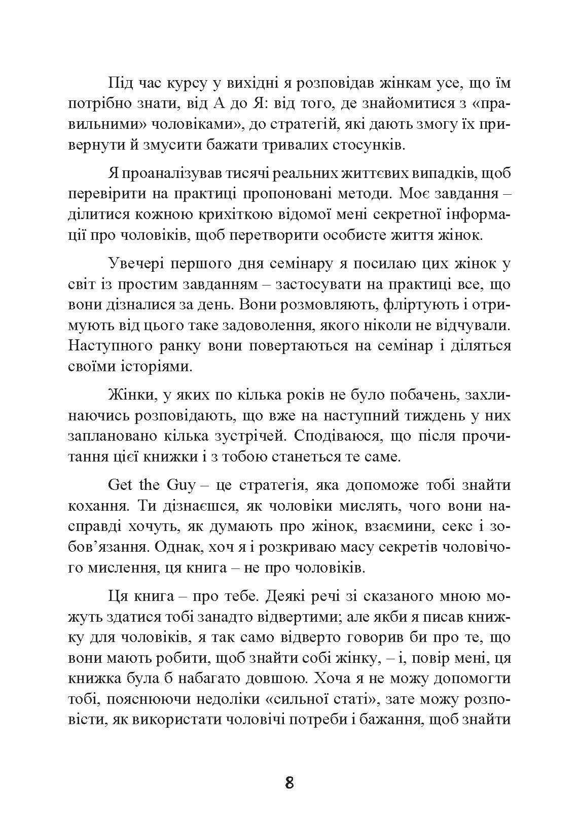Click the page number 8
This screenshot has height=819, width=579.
(x=289, y=783)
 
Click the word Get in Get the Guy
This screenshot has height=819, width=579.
(x=120, y=485)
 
